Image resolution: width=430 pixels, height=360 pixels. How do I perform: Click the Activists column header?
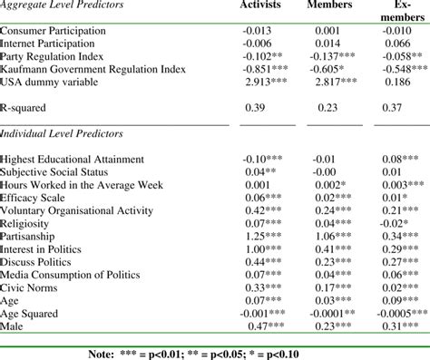262,7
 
